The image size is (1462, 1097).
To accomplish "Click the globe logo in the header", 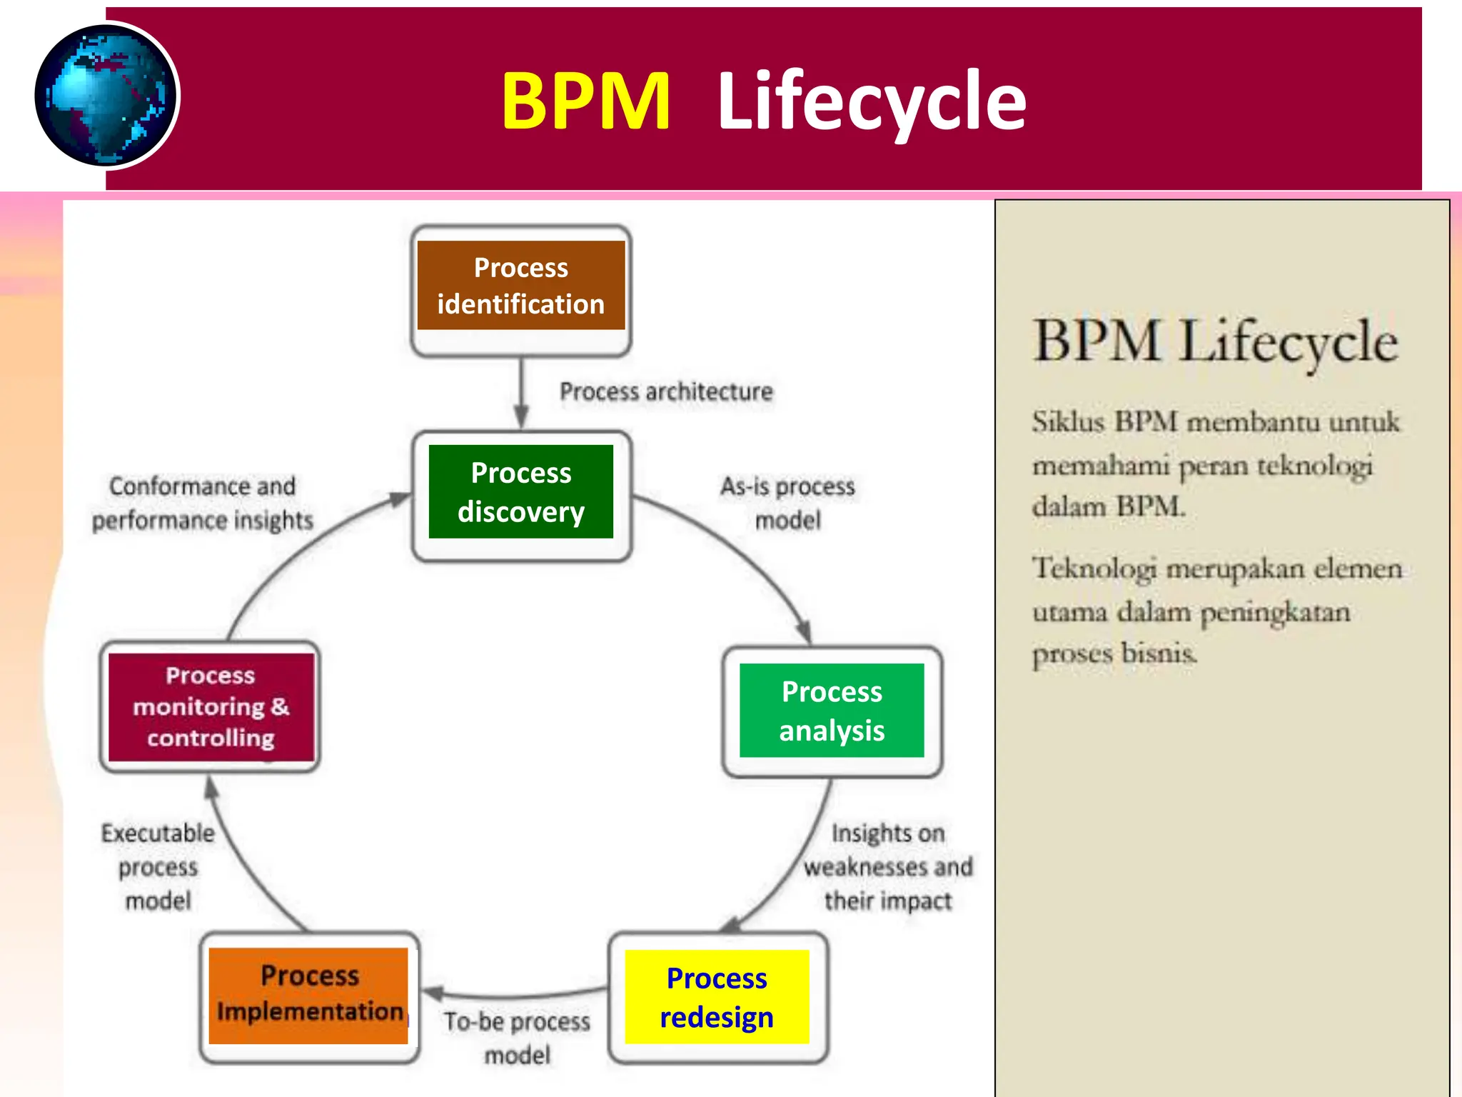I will point(106,96).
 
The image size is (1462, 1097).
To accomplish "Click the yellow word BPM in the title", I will point(585,101).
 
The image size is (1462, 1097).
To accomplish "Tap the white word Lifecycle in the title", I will point(871,101).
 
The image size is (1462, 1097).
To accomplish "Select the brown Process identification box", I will point(520,286).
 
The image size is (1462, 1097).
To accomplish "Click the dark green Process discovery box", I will point(520,491).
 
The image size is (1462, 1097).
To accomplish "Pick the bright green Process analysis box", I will point(832,710).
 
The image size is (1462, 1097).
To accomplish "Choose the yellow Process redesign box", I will point(717,996).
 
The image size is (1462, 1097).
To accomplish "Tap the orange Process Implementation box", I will point(308,995).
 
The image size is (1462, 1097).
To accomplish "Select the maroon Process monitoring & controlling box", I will point(211,706).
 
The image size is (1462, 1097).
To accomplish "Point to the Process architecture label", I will point(665,391).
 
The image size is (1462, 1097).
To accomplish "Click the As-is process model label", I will point(787,503).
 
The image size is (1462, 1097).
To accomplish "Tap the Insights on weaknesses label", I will point(887,866).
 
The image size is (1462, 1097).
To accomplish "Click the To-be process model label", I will point(517,1037).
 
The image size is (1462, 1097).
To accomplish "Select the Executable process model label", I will point(158,866).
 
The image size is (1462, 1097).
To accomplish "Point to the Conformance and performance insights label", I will point(202,503).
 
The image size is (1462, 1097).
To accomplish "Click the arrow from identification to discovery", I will point(521,393).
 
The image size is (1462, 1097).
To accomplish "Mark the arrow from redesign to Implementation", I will point(514,993).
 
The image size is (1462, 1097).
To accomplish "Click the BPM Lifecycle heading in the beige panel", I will point(1215,341).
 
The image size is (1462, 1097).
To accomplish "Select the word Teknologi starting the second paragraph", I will point(1094,568).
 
